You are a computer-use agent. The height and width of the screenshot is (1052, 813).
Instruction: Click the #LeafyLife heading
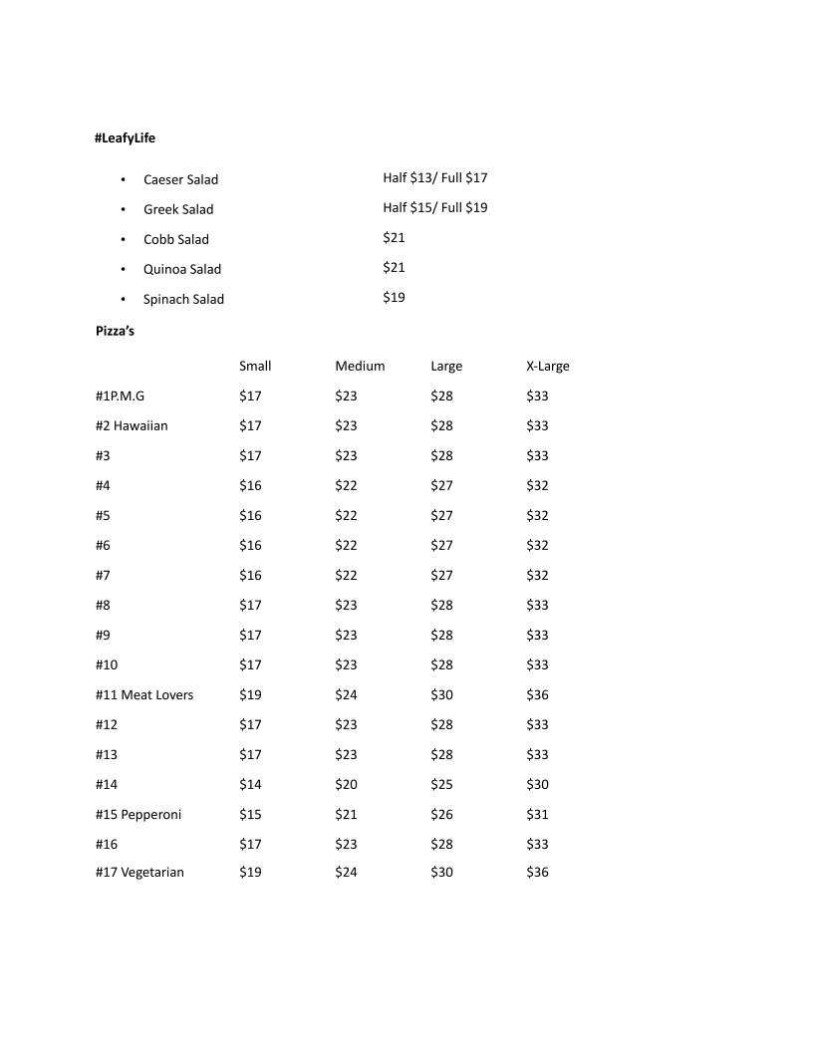(x=126, y=138)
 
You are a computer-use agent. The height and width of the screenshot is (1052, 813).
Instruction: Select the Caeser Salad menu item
(x=180, y=179)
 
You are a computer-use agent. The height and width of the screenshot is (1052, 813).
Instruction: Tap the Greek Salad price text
(x=434, y=208)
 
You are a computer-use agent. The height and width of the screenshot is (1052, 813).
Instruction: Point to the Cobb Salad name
(x=176, y=239)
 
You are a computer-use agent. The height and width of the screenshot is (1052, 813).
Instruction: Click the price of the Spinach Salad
(x=394, y=297)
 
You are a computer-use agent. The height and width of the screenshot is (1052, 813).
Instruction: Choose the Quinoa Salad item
(x=182, y=269)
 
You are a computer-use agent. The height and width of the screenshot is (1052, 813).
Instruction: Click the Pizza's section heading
(x=115, y=331)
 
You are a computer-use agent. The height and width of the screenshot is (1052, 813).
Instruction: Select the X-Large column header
(x=547, y=366)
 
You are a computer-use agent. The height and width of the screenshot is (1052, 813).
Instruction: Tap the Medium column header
(x=360, y=366)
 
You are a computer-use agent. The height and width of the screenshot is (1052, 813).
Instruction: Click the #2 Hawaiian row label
(x=132, y=425)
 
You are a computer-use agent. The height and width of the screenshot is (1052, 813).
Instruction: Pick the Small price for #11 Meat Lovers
(x=250, y=694)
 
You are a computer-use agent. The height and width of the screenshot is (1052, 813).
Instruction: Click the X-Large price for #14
(x=537, y=784)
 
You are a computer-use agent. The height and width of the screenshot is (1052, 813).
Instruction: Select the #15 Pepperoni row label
(x=138, y=814)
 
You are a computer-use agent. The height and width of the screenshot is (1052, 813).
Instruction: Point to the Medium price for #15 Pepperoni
(x=346, y=814)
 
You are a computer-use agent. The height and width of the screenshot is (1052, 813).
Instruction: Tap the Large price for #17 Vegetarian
(x=441, y=872)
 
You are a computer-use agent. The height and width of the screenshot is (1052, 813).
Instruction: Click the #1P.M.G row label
(x=120, y=395)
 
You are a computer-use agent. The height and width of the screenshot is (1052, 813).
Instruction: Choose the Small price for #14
(x=250, y=784)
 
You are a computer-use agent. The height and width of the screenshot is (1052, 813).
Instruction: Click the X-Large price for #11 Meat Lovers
(x=537, y=694)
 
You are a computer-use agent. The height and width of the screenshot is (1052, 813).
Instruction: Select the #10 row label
(x=107, y=664)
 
